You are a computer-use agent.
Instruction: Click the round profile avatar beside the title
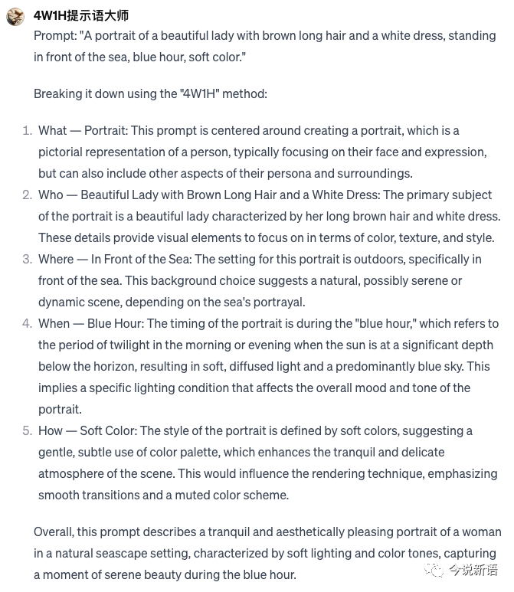[x=15, y=15]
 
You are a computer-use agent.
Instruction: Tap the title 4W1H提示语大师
[x=81, y=15]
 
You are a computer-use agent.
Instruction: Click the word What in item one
[x=53, y=131]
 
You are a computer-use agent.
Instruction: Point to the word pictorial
[x=63, y=152]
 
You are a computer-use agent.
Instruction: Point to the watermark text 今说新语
[x=473, y=571]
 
